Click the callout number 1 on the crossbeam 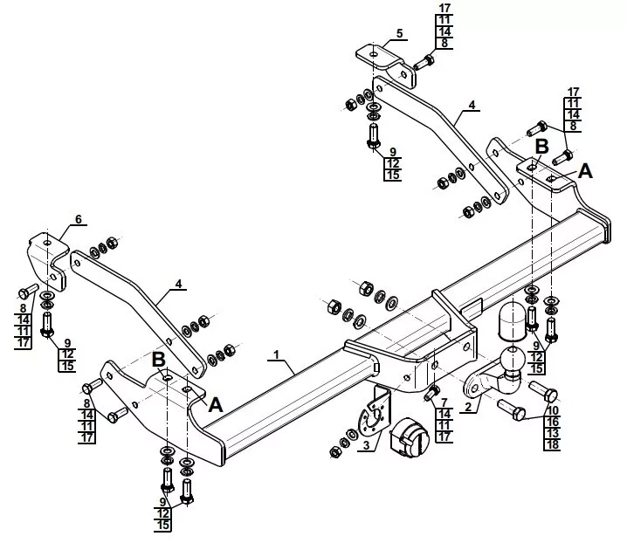(x=276, y=354)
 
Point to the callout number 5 (x=399, y=34)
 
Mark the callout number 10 (x=552, y=409)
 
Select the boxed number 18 (x=552, y=445)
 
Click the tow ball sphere (x=510, y=358)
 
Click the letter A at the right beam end (x=585, y=172)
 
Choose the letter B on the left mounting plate (x=159, y=359)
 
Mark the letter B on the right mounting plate (x=541, y=146)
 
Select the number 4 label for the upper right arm (x=471, y=105)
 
